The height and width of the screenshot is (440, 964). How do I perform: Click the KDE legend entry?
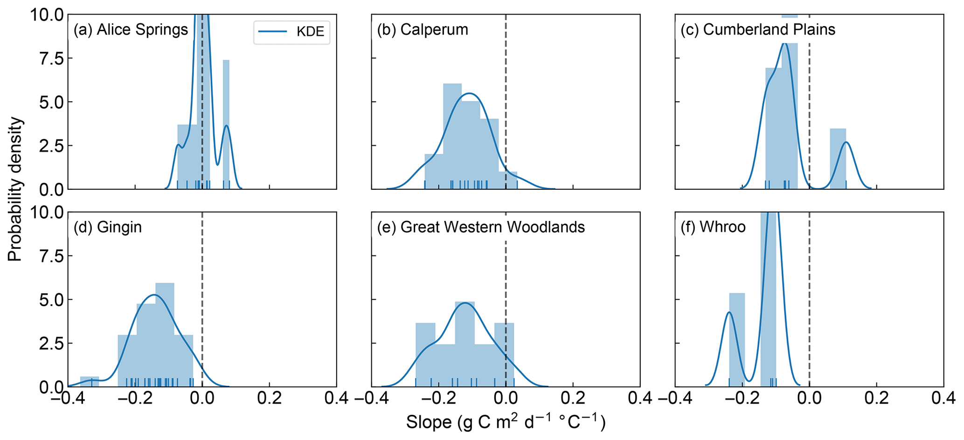pos(291,32)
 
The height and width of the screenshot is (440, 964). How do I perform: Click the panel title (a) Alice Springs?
pos(131,29)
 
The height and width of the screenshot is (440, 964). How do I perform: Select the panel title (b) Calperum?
pos(423,29)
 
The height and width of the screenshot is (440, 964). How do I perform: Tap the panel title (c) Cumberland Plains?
pos(758,29)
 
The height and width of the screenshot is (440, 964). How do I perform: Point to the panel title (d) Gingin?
pos(108,227)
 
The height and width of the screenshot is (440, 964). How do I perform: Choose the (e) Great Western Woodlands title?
pos(481,227)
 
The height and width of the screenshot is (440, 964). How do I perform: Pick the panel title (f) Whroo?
pos(713,227)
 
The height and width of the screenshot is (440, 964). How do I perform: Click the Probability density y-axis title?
pos(15,189)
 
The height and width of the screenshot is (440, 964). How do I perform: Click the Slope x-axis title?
pos(506,422)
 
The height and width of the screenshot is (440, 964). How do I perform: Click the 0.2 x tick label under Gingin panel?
pos(269,399)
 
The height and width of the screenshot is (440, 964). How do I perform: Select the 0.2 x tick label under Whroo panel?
pos(876,399)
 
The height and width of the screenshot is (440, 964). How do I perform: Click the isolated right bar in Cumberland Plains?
pos(838,158)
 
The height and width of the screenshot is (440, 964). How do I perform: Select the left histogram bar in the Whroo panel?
pos(736,340)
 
